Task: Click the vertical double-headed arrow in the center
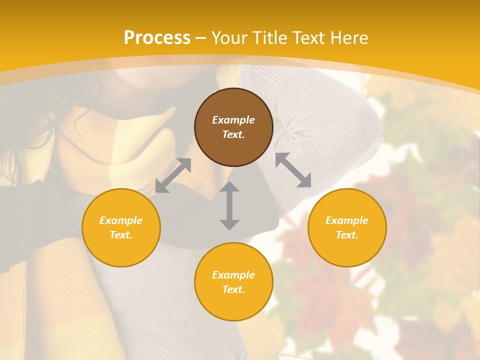click(x=229, y=205)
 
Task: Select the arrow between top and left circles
click(x=173, y=175)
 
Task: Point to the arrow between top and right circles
click(x=293, y=170)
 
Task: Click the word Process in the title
click(x=157, y=38)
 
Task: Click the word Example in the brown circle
click(x=233, y=120)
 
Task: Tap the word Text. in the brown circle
click(x=233, y=134)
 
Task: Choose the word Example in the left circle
click(x=121, y=220)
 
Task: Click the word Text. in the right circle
click(x=347, y=235)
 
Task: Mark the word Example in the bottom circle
click(x=233, y=275)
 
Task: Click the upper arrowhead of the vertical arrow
click(x=229, y=186)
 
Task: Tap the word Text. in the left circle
click(x=121, y=235)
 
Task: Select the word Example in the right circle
click(x=347, y=220)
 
